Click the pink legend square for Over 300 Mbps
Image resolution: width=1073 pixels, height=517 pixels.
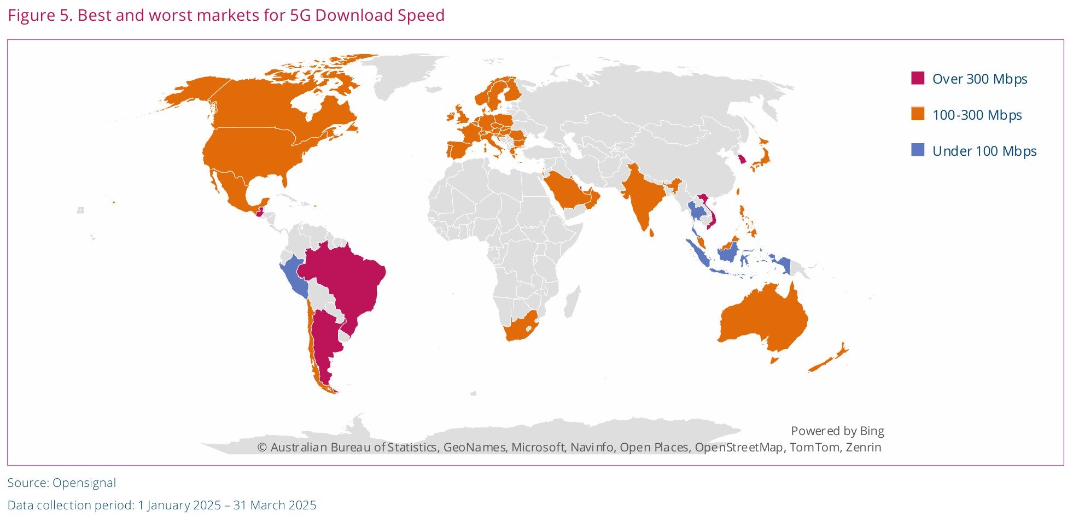coord(917,78)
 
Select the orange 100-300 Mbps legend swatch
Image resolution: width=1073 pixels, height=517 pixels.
coord(917,114)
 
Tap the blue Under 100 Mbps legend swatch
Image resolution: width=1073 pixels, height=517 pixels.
coord(917,150)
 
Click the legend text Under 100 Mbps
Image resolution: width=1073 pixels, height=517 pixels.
coord(984,151)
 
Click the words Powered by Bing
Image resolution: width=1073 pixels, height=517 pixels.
coord(837,431)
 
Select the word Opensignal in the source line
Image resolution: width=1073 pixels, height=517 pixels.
coord(84,483)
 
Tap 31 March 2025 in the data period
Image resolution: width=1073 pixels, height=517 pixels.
coord(275,505)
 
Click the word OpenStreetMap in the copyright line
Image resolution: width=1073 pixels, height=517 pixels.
coord(738,447)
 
